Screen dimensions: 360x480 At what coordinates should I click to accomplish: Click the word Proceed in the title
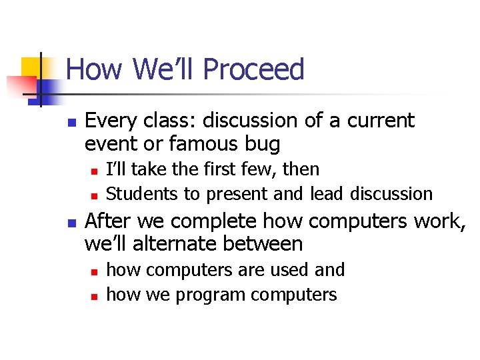click(x=253, y=70)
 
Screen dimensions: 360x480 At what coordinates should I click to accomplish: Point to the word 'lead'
click(x=327, y=194)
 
